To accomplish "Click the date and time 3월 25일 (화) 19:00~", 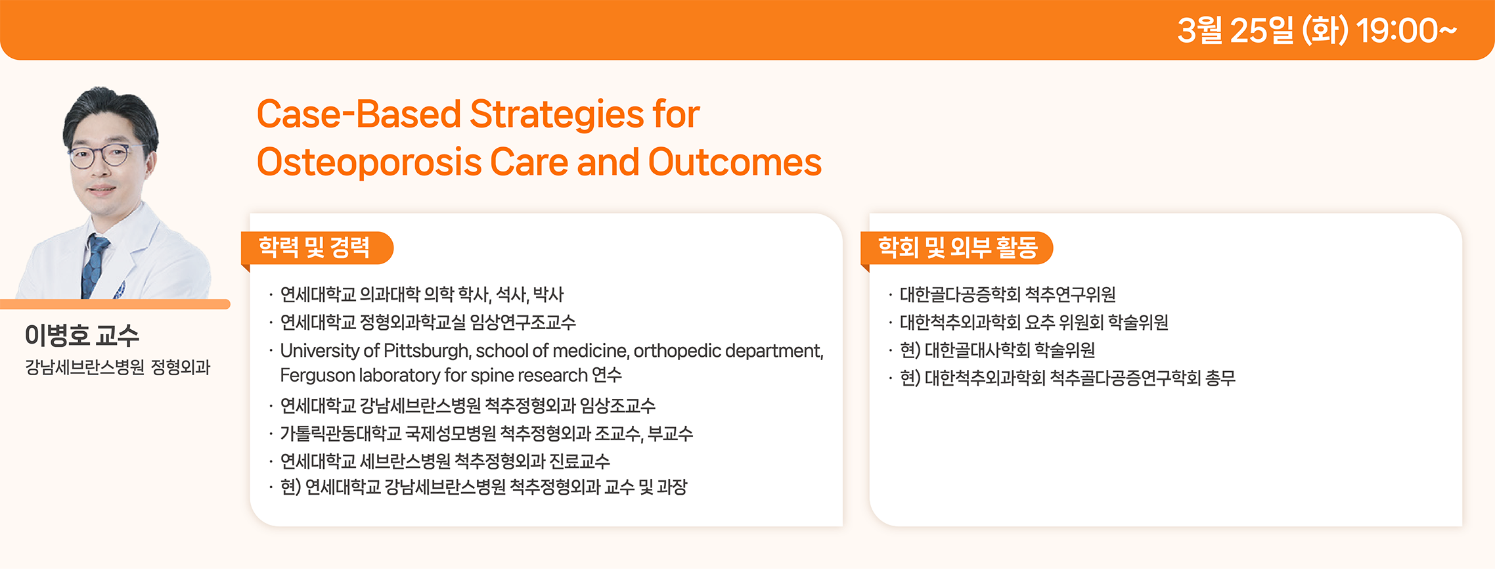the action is [1316, 30].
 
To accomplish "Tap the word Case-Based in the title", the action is [359, 114].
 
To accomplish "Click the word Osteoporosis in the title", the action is [368, 163].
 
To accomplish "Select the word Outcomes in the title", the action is [735, 162].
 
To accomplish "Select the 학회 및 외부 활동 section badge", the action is [957, 248].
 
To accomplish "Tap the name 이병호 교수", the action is [82, 335].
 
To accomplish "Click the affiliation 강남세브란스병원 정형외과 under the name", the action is [118, 367].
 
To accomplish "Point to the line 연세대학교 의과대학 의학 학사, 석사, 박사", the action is [422, 294].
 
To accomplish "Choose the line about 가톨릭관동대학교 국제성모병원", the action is [487, 434].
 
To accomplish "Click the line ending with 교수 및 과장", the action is [483, 488].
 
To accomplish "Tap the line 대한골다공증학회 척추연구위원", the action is [1008, 294].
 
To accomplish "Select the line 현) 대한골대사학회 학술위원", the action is [998, 350].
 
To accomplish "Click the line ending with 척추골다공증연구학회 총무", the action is [1068, 378].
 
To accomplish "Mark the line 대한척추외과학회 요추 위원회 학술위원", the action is [1034, 323].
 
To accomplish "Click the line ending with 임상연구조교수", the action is [428, 323].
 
